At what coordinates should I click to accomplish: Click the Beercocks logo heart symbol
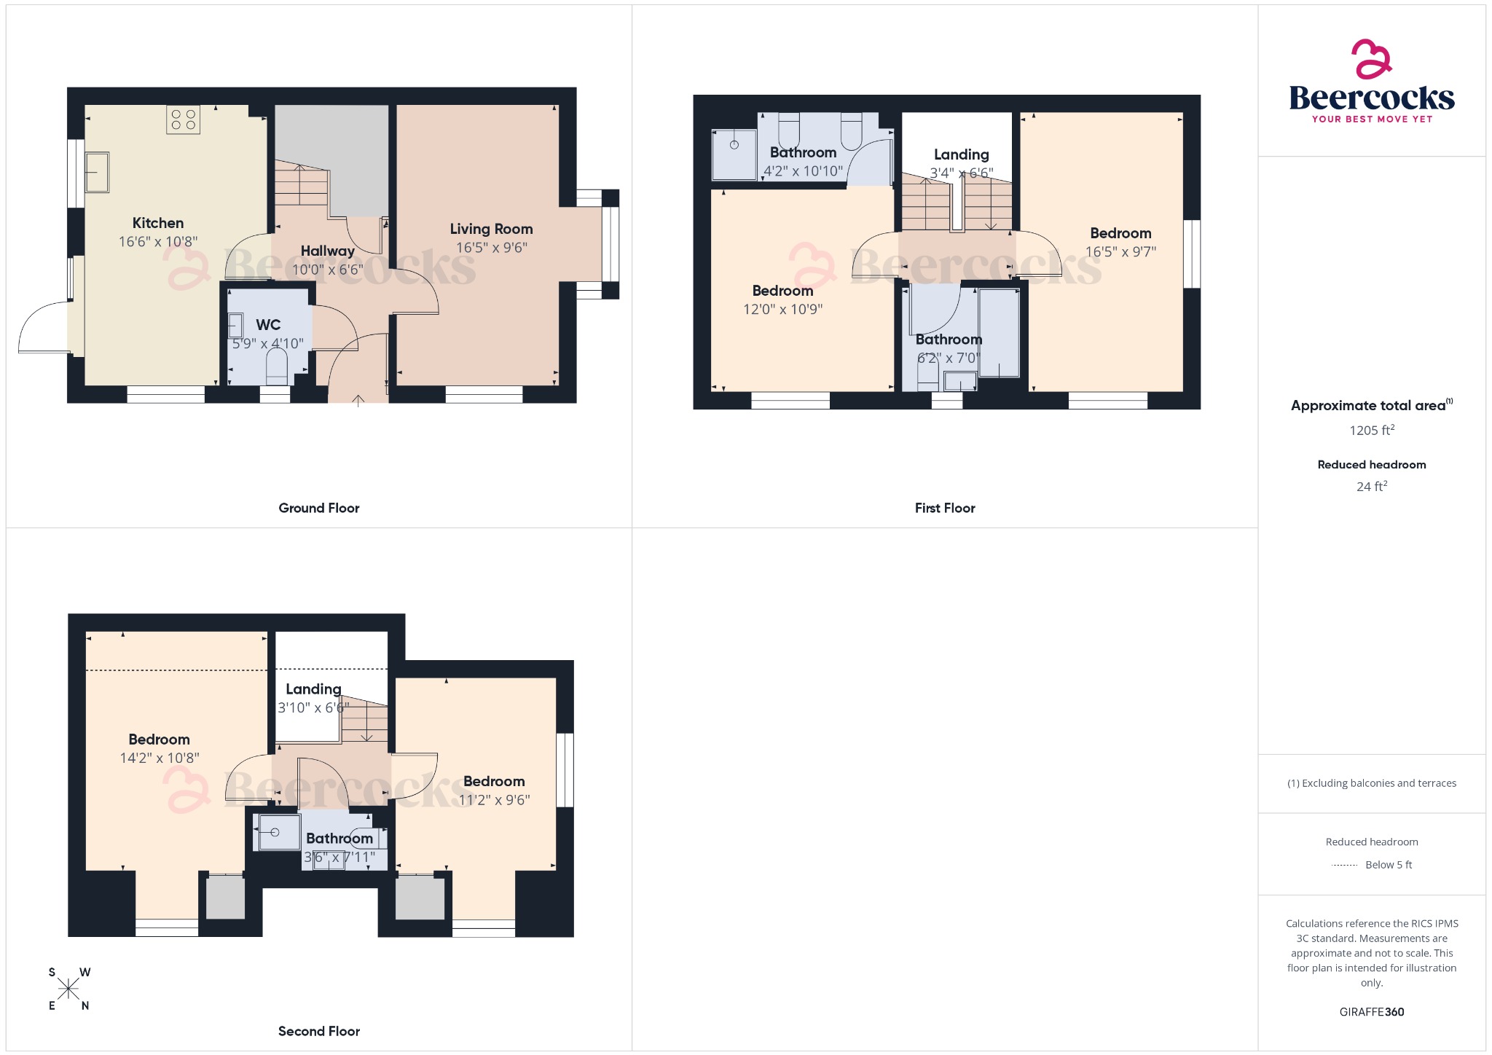tap(1371, 59)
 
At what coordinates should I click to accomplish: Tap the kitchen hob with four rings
tap(183, 119)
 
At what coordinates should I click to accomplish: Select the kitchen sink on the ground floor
tap(98, 172)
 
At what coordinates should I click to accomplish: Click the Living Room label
tap(491, 229)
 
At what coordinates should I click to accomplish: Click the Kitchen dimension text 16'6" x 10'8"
tap(158, 242)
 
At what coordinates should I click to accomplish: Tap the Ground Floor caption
tap(318, 508)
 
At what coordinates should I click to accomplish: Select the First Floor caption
tap(944, 508)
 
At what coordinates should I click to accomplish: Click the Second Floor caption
tap(318, 1031)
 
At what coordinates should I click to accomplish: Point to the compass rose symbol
tap(68, 989)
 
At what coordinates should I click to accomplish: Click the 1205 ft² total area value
tap(1371, 430)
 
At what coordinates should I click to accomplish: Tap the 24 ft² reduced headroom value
tap(1371, 486)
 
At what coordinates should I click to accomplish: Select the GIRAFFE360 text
tap(1371, 1011)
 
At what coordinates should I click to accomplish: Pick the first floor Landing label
tap(961, 154)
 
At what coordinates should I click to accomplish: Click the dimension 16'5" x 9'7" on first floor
tap(1120, 252)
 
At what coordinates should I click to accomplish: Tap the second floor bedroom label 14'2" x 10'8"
tap(159, 758)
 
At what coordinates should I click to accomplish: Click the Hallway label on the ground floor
tap(327, 251)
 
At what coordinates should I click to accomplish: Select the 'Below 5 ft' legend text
tap(1388, 865)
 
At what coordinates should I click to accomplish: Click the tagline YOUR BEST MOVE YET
tap(1371, 119)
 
